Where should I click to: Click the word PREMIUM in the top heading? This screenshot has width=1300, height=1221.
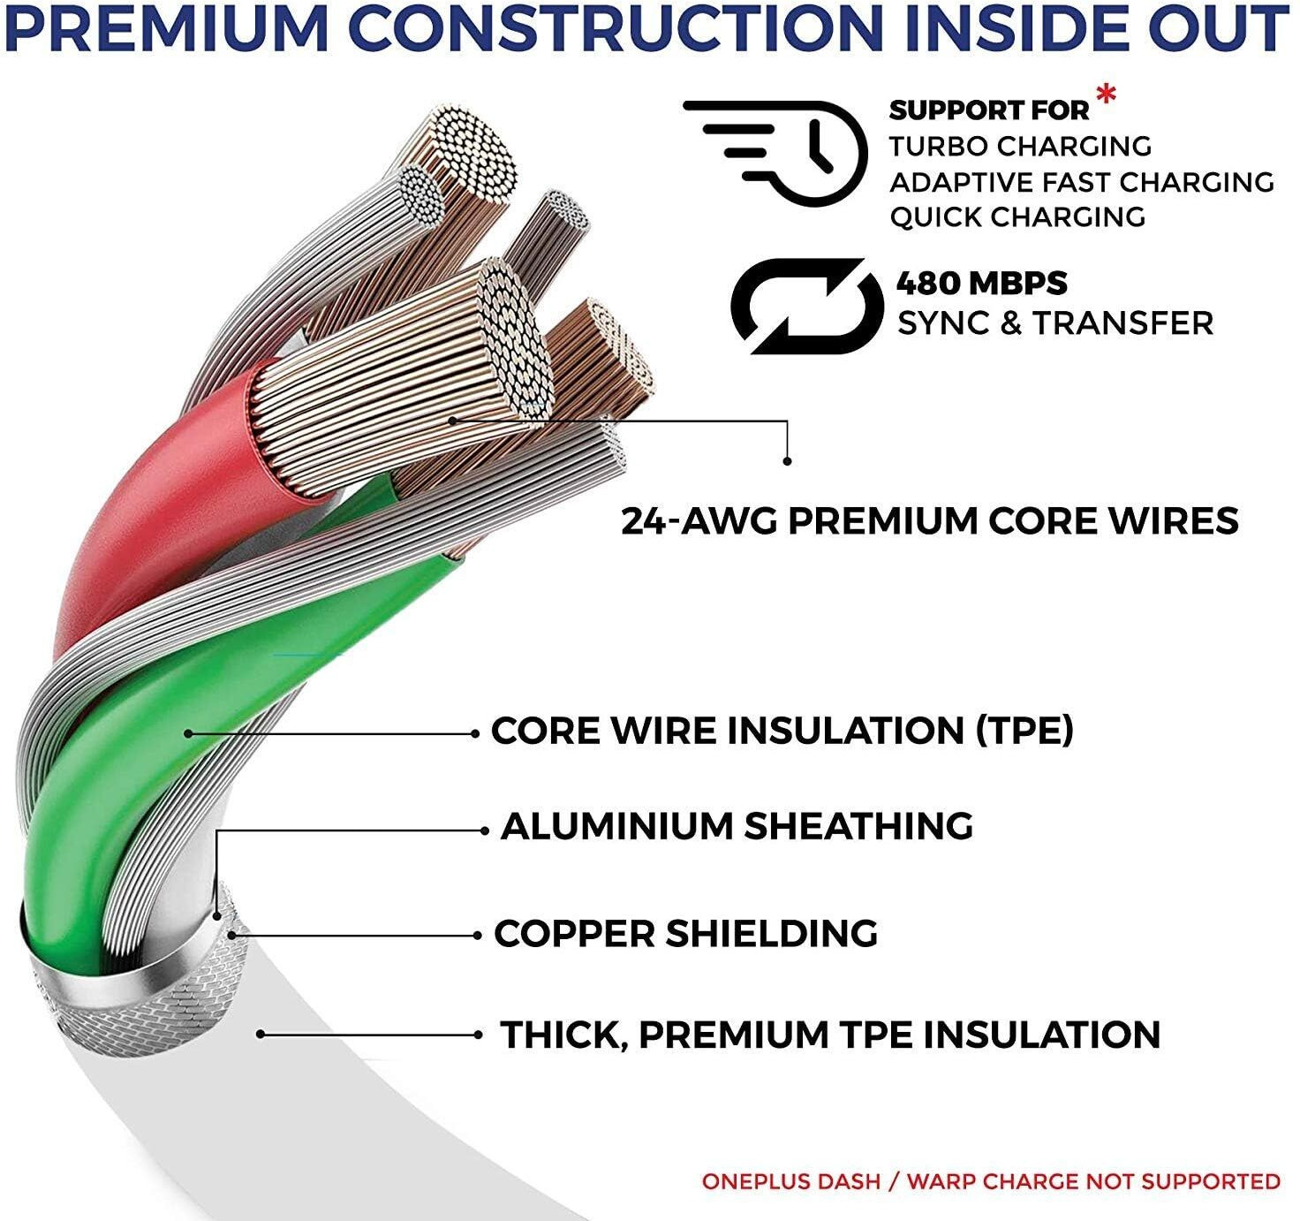coord(167,29)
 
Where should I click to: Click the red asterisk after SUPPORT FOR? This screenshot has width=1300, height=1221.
coord(1104,96)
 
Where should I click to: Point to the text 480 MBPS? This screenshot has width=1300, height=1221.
coord(981,284)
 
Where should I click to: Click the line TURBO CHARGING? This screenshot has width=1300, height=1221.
coord(1020,146)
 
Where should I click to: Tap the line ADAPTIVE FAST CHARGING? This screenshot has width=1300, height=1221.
coord(1081,182)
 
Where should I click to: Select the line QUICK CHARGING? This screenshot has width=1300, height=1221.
coord(1017,217)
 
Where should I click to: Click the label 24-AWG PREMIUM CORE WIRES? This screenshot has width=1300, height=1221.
coord(929,520)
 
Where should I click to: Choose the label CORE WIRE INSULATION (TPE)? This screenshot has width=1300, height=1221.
coord(782,731)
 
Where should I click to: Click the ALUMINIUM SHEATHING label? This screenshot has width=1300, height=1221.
coord(737,826)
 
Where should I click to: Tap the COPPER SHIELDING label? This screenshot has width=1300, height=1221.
coord(685,934)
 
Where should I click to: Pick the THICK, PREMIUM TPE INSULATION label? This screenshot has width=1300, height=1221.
coord(830,1035)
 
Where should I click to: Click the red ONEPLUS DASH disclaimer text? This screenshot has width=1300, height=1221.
coord(990,1181)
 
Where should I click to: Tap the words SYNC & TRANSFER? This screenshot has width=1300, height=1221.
coord(1055,323)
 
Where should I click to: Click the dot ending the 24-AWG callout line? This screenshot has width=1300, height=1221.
coord(787,460)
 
